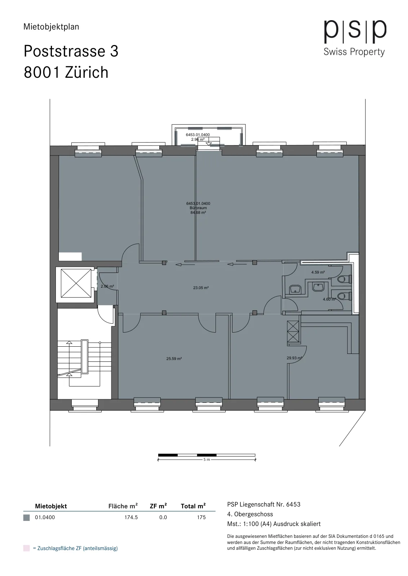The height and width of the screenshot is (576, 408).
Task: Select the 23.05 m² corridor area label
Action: pos(201,288)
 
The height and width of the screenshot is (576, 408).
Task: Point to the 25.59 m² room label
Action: pos(174,359)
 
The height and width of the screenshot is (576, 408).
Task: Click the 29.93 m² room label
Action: pos(294,358)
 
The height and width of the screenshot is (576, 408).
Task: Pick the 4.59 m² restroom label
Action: pos(318,272)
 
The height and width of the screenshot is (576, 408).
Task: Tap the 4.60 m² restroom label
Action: pos(329,299)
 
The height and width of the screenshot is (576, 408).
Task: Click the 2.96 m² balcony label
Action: pos(198,139)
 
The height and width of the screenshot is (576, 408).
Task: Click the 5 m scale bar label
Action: pos(207,459)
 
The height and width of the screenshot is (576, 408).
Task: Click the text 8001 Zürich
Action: pos(66,72)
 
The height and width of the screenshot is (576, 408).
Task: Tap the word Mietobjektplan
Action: pos(51,27)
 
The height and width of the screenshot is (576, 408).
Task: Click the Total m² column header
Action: pos(193,506)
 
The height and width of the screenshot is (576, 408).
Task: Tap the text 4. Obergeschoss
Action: pos(250,514)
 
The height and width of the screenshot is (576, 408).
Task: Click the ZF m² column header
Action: pos(158,506)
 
